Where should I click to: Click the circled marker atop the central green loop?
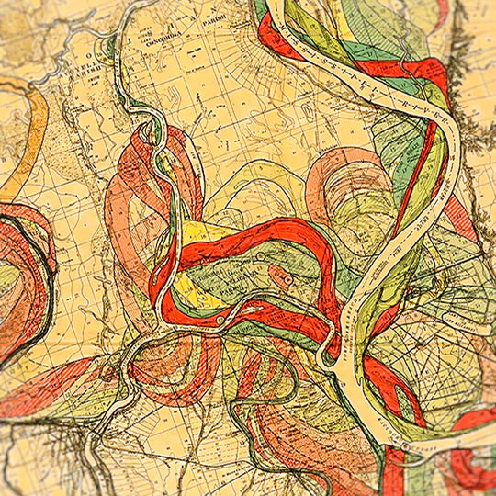tap(261, 254)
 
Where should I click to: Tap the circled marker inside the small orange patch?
tap(287, 277)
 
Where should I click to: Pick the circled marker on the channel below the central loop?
tap(220, 320)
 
